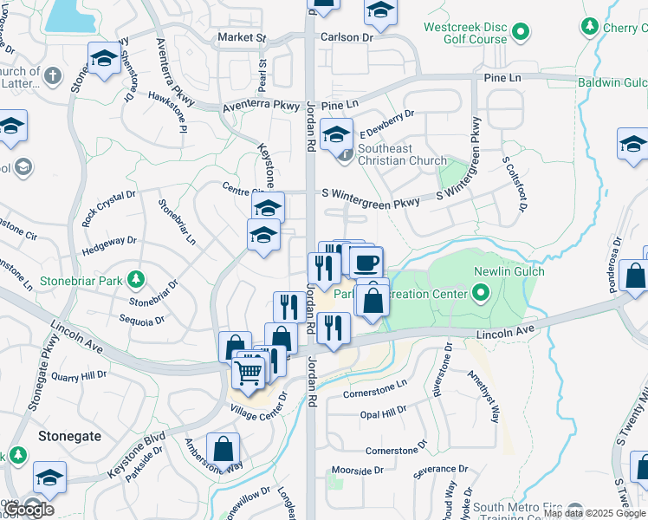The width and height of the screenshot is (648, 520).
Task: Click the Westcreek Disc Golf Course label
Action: coord(465,33)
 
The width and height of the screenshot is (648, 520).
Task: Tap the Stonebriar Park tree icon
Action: coord(135,279)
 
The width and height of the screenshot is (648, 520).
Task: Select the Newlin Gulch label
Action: coord(509,271)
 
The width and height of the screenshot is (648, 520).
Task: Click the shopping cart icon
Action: coord(249,373)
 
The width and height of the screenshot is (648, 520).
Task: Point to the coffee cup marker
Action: coord(366,261)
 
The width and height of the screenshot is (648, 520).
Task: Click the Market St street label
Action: coord(242,38)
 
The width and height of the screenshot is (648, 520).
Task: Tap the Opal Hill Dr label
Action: coord(383,414)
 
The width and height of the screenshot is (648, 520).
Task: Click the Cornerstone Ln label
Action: coord(374,388)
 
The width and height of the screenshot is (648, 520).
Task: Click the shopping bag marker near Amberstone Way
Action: coord(224,450)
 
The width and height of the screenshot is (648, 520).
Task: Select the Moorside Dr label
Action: coord(357,471)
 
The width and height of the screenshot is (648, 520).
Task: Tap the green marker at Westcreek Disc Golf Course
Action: coord(521,33)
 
